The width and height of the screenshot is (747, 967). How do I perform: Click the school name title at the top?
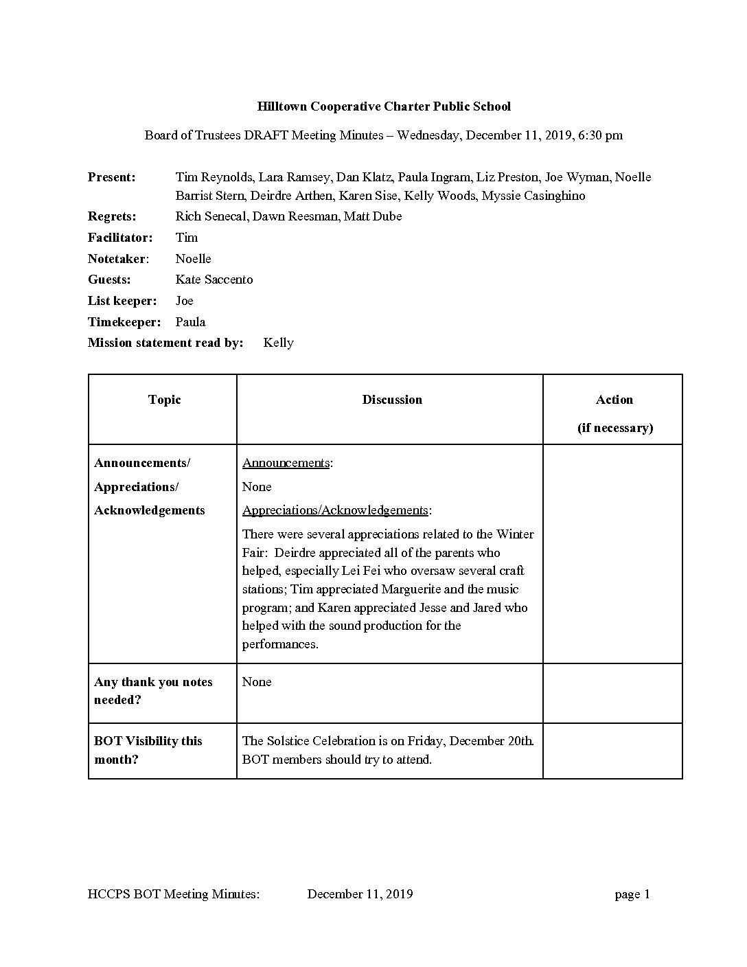pyautogui.click(x=384, y=106)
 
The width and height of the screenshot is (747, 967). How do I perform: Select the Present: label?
pyautogui.click(x=112, y=177)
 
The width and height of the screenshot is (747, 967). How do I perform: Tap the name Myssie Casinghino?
pyautogui.click(x=533, y=196)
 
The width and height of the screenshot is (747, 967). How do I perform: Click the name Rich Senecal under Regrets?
pyautogui.click(x=211, y=216)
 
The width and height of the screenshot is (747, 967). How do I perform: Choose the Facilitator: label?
pyautogui.click(x=120, y=238)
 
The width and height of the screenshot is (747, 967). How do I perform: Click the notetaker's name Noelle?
pyautogui.click(x=193, y=259)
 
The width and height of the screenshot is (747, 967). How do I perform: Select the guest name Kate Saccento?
pyautogui.click(x=214, y=280)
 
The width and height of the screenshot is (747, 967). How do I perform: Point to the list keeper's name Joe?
pyautogui.click(x=184, y=301)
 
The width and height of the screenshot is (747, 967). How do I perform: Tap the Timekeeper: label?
pyautogui.click(x=124, y=322)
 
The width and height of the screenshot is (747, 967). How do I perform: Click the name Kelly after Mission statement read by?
pyautogui.click(x=278, y=343)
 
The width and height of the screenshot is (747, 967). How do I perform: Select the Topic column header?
pyautogui.click(x=165, y=400)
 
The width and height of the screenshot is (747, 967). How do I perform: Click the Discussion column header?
pyautogui.click(x=392, y=400)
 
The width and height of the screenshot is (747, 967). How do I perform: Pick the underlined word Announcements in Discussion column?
pyautogui.click(x=286, y=463)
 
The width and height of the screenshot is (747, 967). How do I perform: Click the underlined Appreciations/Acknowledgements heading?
pyautogui.click(x=335, y=510)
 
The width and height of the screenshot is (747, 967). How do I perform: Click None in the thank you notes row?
pyautogui.click(x=257, y=682)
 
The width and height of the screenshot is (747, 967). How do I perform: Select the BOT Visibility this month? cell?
pyautogui.click(x=148, y=750)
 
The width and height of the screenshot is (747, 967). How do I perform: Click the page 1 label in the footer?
pyautogui.click(x=632, y=894)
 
